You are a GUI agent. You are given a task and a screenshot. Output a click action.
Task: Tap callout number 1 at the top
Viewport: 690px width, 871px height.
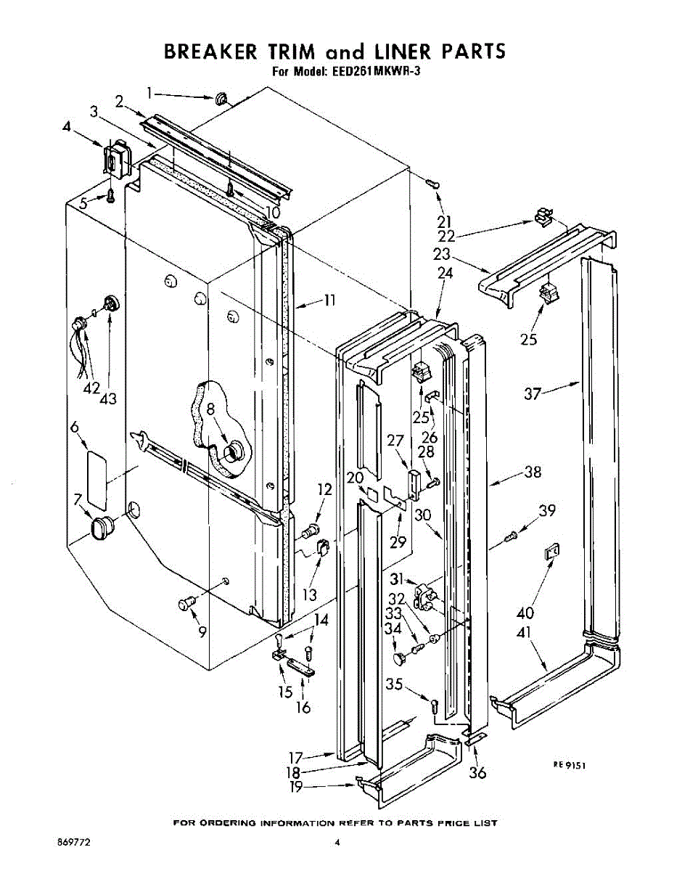tap(149, 92)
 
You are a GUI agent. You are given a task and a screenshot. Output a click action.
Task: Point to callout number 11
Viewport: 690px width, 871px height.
tap(329, 299)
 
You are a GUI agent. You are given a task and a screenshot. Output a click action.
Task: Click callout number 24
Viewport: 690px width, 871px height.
tap(445, 274)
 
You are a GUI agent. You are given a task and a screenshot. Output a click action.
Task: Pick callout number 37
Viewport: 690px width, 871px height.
tap(533, 393)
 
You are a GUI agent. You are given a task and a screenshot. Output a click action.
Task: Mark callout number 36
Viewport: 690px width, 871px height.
tap(477, 772)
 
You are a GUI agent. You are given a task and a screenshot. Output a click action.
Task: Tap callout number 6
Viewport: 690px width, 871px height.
tap(74, 428)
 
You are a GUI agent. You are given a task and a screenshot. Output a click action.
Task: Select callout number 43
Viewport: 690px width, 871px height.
tap(109, 398)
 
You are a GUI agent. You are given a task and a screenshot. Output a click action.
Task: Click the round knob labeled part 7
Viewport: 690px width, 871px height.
tap(103, 526)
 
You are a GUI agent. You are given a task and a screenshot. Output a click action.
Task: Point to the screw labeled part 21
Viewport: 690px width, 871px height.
tap(432, 184)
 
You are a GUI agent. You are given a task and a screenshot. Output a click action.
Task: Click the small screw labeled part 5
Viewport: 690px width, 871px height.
tap(110, 195)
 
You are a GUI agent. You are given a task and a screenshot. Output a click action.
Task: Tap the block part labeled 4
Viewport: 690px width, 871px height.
tap(115, 156)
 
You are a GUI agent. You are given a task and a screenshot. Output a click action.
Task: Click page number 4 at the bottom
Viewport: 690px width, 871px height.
tap(337, 843)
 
